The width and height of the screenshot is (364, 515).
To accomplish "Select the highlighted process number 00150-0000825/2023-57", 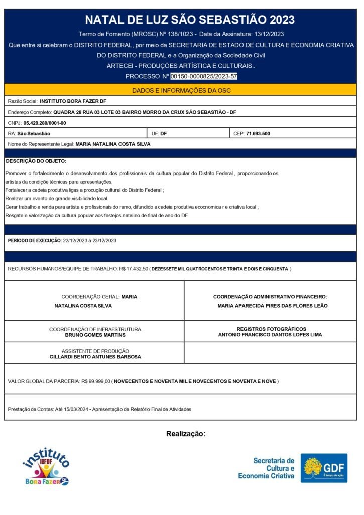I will coord(204,76).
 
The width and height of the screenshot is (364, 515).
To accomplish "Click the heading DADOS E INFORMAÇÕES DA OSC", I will coord(181,90).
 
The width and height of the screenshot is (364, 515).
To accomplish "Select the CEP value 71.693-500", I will coord(258,133).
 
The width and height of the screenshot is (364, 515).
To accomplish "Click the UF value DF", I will coord(164,133).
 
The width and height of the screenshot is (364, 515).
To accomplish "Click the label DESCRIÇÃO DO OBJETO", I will coord(36,161).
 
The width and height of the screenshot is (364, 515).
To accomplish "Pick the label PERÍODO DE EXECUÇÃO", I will coord(34,241).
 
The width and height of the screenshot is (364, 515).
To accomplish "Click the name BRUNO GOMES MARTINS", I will coord(95,335).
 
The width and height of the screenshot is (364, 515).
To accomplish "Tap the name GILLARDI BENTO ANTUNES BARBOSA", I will coord(95,357).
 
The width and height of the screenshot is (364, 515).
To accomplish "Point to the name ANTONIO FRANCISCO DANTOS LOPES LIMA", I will coord(270,335).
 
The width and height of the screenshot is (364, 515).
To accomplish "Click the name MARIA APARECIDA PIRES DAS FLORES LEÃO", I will coord(273,306).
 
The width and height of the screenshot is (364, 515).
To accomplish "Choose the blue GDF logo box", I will coord(324,468).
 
